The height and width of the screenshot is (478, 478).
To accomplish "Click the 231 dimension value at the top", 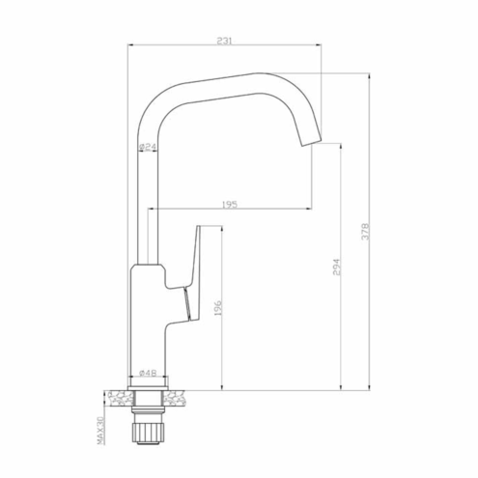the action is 224,41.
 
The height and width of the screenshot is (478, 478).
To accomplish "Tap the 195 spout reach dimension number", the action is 230,205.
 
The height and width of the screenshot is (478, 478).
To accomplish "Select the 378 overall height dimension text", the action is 366,232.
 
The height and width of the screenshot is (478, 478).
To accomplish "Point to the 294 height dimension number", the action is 336,267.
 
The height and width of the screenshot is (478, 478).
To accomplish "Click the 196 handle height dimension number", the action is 218,308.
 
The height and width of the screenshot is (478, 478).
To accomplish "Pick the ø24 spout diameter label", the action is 148,147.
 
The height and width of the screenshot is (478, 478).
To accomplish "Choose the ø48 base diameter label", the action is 148,373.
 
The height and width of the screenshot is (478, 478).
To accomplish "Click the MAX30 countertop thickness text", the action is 100,431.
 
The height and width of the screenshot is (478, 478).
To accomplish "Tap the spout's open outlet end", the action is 311,141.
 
